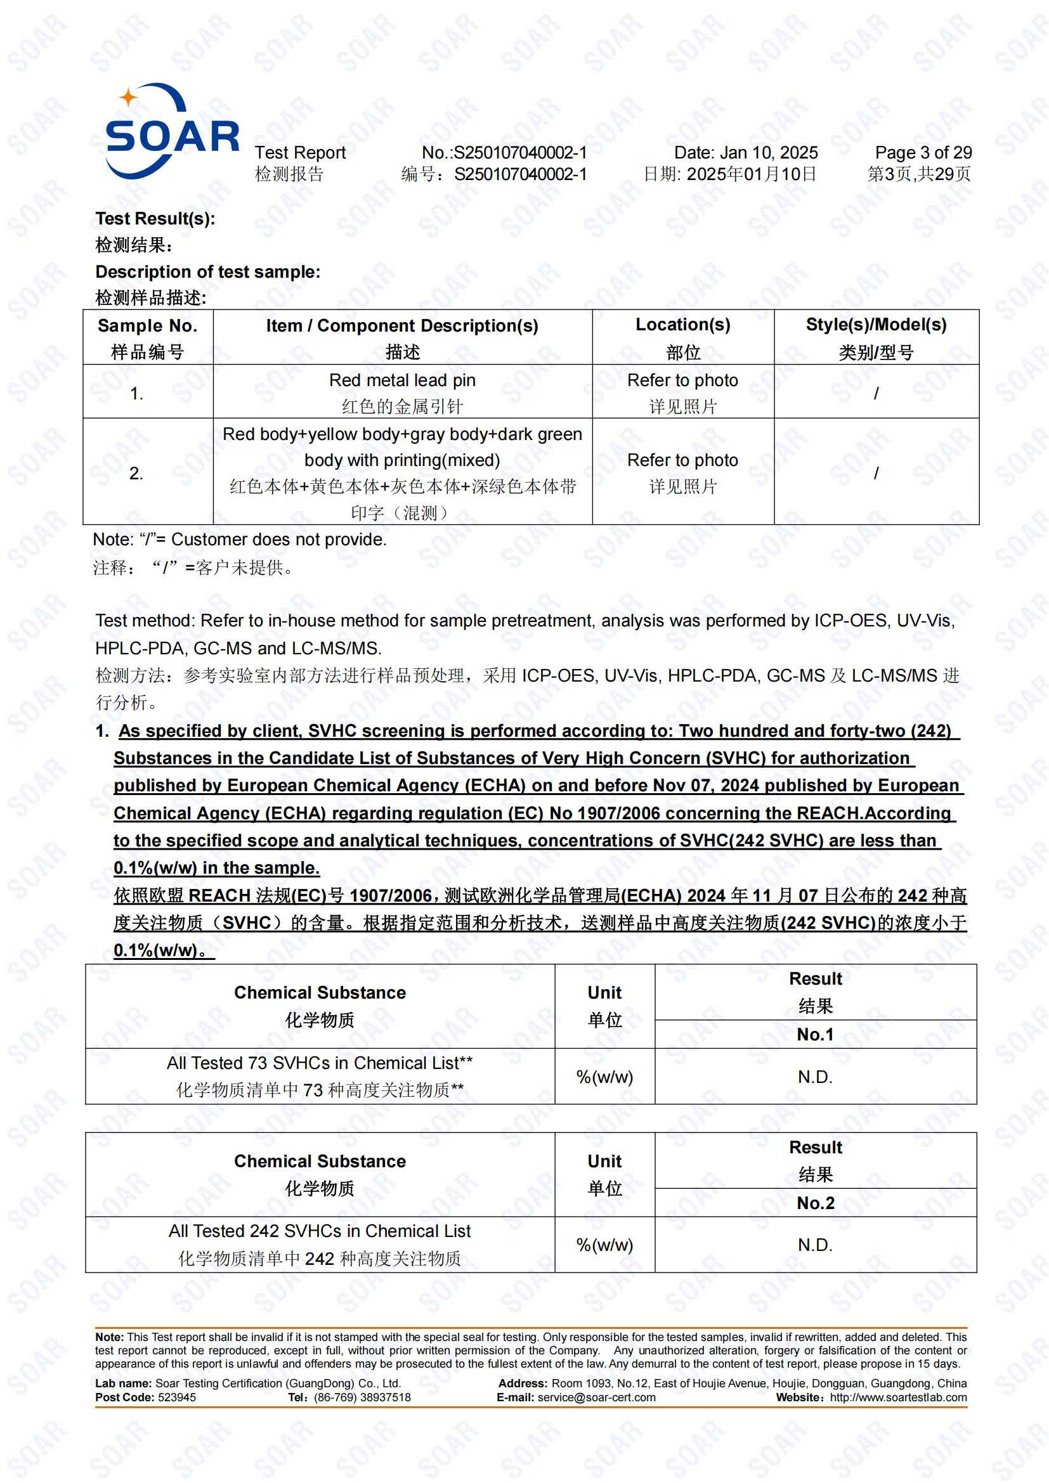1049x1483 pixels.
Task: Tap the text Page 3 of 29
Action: coord(922,152)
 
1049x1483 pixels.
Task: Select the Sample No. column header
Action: coord(147,325)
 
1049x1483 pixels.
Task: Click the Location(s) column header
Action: coord(683,325)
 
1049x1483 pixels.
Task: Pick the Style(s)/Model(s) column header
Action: coord(876,325)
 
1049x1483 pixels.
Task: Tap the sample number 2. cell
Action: coord(136,474)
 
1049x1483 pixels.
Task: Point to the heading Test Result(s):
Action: coord(155,218)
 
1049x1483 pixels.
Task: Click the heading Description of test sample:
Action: coord(207,272)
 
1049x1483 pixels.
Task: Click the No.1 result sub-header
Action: coord(815,1034)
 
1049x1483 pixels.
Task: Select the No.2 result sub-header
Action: coord(815,1203)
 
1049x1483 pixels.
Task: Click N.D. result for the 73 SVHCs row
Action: coord(815,1077)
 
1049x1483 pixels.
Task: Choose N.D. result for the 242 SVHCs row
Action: coord(815,1245)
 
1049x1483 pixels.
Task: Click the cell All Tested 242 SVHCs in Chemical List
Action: coord(320,1231)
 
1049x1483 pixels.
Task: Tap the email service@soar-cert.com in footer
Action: coord(596,1397)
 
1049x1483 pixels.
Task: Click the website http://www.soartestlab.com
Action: coord(898,1397)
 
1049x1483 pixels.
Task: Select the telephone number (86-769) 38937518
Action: coord(362,1397)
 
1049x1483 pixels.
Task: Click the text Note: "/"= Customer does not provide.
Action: coord(240,540)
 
